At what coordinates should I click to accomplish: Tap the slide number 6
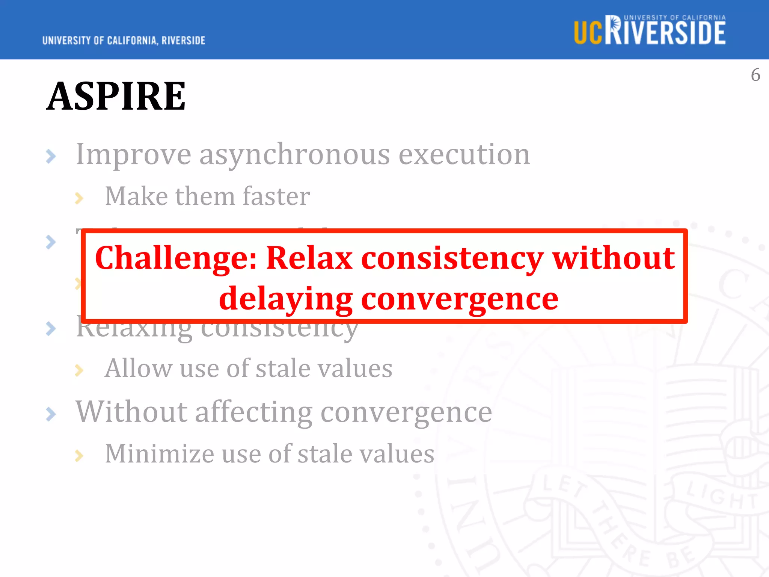(755, 75)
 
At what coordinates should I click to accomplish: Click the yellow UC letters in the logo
(588, 33)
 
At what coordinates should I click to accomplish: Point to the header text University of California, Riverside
(124, 41)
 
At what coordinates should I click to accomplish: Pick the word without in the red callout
(614, 258)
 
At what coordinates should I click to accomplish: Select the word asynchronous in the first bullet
(294, 155)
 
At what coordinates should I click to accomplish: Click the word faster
(276, 196)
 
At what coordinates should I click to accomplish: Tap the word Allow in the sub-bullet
(138, 368)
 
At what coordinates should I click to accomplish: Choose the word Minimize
(159, 454)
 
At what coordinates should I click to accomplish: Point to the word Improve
(133, 155)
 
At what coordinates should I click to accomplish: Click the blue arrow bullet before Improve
(51, 156)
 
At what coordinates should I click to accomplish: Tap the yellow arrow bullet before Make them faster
(79, 198)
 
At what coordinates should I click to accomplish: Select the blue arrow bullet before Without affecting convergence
(51, 414)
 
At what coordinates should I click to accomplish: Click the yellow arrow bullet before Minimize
(79, 456)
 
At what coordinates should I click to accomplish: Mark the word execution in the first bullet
(464, 154)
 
